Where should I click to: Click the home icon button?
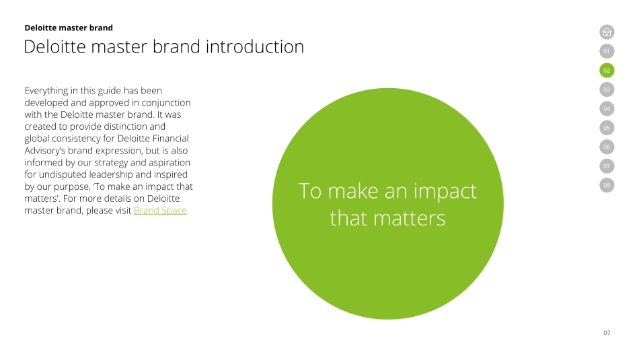[607, 32]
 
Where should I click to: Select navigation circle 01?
[607, 51]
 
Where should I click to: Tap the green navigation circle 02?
[607, 70]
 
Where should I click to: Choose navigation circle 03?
[607, 89]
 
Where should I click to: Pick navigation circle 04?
[607, 108]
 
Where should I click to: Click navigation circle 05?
[607, 128]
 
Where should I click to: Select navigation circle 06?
[607, 147]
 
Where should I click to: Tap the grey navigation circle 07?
[607, 166]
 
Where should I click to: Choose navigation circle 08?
[607, 185]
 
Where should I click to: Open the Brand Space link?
[160, 211]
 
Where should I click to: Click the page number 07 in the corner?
[607, 333]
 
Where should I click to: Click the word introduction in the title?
[255, 46]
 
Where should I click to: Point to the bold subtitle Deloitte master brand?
[69, 28]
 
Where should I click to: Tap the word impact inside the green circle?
[445, 192]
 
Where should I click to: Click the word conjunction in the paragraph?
[166, 103]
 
